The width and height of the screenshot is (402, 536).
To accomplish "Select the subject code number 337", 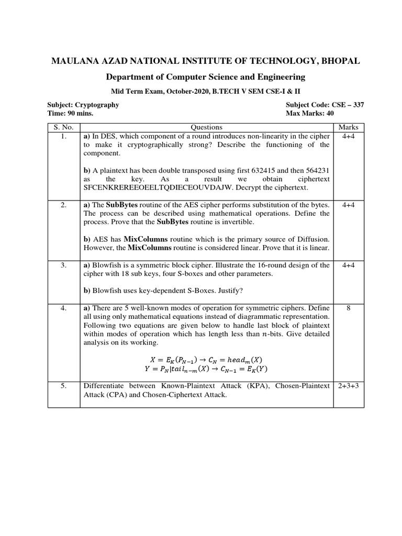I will pos(358,105).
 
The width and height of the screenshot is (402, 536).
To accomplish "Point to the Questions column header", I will pos(206,127).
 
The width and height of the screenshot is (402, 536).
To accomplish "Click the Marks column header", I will pos(348,127).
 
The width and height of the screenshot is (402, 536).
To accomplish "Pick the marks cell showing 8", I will pos(348,309).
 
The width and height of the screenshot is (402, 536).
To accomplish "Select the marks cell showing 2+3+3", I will pos(348,386).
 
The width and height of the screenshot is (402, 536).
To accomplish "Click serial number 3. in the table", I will pos(63,265).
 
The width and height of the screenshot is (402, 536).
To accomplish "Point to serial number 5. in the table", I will pos(63,386).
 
